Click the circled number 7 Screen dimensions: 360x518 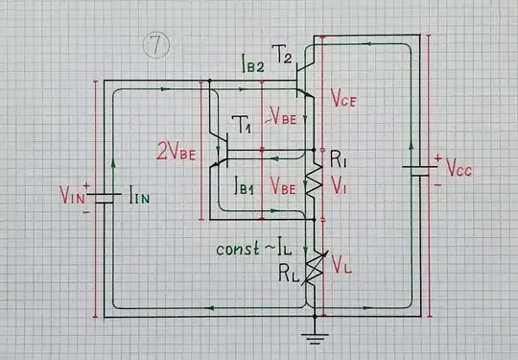click(x=155, y=45)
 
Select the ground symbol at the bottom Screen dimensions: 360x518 click(x=312, y=336)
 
